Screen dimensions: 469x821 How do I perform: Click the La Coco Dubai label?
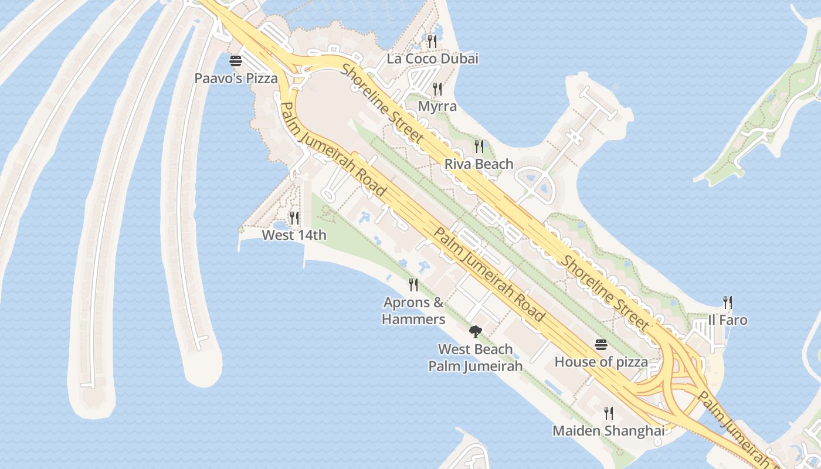432,59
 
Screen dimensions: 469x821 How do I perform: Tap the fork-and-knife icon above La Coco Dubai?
432,41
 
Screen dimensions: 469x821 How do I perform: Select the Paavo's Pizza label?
236,78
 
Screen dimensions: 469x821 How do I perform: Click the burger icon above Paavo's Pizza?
236,61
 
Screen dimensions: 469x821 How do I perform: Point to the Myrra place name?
437,106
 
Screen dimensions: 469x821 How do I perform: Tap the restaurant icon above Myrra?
437,89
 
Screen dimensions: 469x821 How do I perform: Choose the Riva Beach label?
479,164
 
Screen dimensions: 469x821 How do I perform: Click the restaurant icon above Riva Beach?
479,147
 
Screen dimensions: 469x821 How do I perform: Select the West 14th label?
294,235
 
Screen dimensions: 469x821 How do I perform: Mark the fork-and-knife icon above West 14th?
294,218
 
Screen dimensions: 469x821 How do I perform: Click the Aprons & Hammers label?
413,311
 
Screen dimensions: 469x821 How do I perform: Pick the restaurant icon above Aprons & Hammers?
413,285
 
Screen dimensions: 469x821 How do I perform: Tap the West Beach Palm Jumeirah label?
475,358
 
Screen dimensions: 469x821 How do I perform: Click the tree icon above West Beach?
475,332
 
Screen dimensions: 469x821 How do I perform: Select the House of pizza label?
601,362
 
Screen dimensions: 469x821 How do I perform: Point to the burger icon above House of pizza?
601,344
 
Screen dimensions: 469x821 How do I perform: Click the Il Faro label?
727,320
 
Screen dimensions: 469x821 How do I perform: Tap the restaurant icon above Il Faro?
728,303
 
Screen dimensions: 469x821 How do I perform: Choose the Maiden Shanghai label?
608,431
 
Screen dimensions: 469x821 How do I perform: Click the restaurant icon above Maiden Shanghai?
609,413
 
